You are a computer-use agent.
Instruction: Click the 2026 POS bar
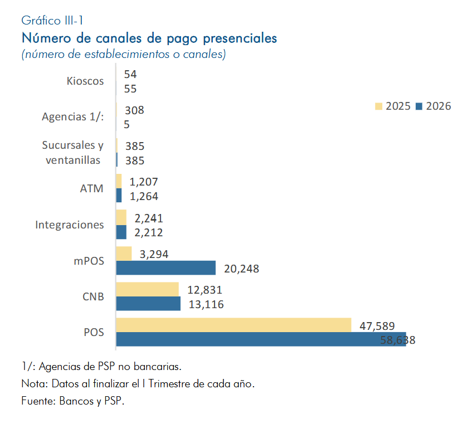click(261, 339)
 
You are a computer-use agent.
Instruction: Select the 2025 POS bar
click(234, 325)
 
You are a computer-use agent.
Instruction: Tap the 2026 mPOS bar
click(166, 268)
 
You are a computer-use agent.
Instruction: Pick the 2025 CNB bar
click(148, 289)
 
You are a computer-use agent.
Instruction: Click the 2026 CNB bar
click(148, 304)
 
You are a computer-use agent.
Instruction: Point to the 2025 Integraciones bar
click(121, 217)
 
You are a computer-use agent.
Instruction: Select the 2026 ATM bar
click(119, 196)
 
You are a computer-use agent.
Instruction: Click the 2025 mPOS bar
click(124, 254)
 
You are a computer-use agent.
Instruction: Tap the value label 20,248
click(241, 269)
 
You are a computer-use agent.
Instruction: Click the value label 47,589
click(377, 326)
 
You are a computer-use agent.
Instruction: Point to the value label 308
click(134, 110)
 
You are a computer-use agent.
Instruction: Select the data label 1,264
click(144, 197)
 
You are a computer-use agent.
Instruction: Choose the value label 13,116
click(206, 305)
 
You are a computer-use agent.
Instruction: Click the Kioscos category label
click(85, 81)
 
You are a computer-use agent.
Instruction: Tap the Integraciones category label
click(70, 225)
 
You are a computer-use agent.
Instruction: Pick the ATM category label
click(92, 188)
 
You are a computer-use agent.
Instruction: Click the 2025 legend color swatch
click(378, 106)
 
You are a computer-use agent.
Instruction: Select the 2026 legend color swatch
click(419, 106)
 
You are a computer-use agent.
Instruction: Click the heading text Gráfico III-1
click(52, 21)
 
